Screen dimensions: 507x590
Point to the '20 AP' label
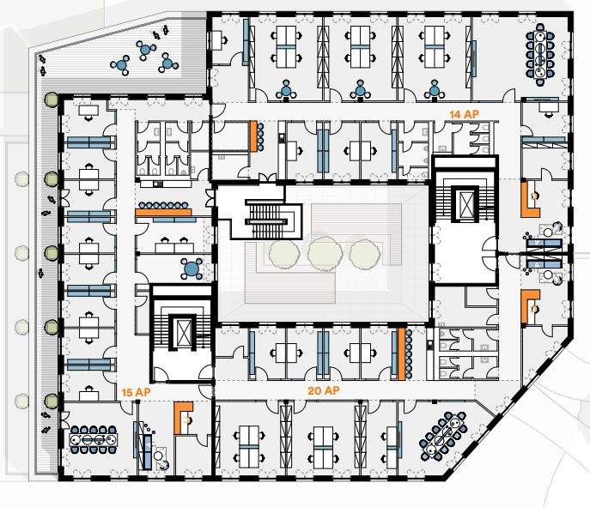[x=325, y=390]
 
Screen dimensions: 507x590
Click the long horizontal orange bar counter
[x=163, y=212]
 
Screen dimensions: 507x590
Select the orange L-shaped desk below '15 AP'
[x=182, y=416]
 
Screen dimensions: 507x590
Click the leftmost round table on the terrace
[x=122, y=64]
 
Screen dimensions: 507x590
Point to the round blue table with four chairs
[x=191, y=269]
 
